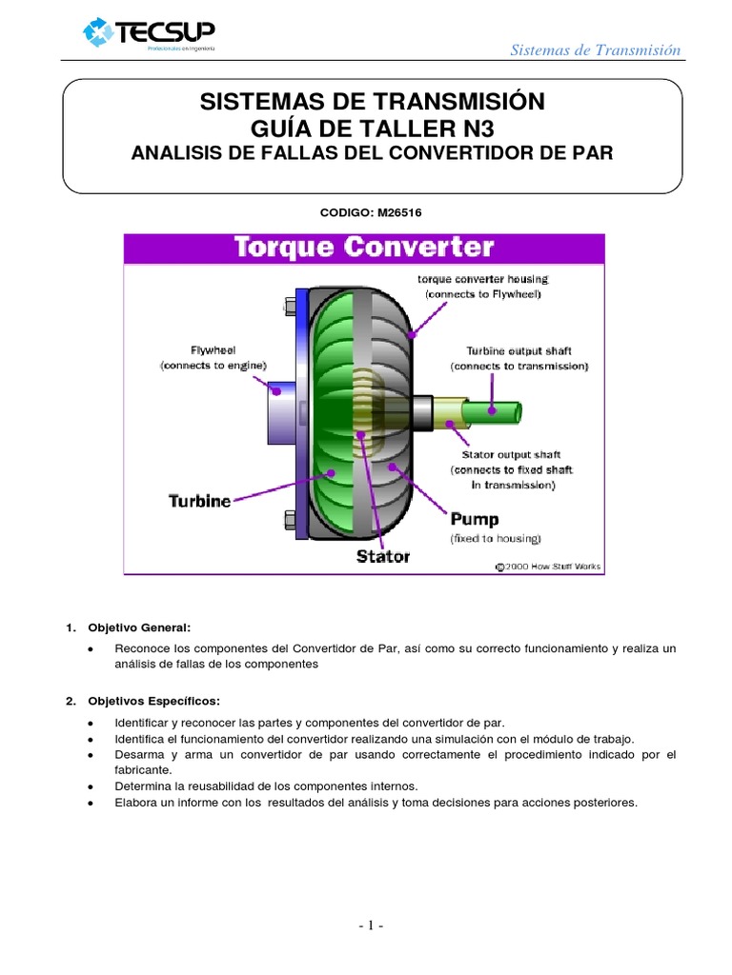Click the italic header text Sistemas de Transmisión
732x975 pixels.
click(596, 50)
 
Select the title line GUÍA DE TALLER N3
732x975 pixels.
click(372, 129)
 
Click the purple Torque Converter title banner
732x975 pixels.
click(364, 249)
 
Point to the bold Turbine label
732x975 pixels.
click(200, 500)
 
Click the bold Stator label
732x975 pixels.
click(382, 555)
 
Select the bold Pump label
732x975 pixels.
click(474, 520)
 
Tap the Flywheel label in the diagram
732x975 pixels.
click(213, 349)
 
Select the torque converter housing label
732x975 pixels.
click(483, 279)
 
